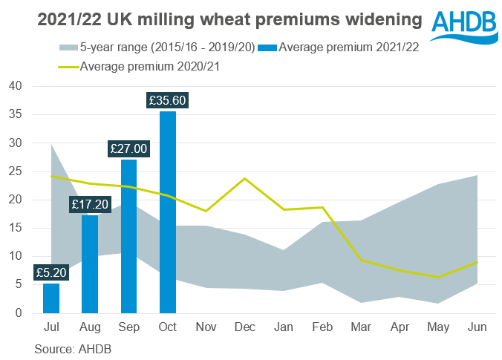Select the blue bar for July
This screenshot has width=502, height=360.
51,298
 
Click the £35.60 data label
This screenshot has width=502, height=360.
168,98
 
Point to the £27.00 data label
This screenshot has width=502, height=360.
128,148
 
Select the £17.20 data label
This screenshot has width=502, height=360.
90,203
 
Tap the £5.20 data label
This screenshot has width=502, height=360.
51,271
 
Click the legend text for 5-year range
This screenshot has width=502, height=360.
168,48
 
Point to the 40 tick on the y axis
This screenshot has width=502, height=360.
16,87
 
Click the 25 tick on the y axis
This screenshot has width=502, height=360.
16,171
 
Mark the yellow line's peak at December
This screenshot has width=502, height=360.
244,179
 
